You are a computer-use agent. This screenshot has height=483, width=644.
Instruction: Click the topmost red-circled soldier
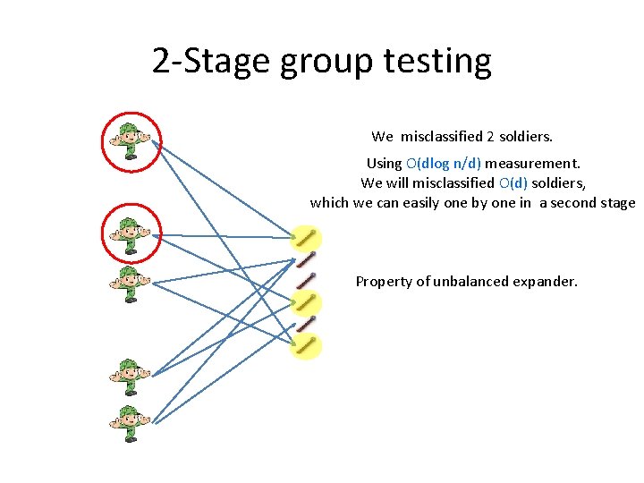[x=131, y=140]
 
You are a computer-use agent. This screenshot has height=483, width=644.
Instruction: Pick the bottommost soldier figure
[x=131, y=423]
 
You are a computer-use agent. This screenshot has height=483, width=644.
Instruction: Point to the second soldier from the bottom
[x=131, y=377]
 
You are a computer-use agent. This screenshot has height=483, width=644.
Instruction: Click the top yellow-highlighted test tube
[x=307, y=239]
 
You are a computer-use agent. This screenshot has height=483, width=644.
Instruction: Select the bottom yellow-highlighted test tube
[x=307, y=344]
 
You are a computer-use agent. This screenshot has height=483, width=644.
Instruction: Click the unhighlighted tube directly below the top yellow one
[x=306, y=259]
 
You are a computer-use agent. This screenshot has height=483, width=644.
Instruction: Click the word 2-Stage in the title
[x=210, y=61]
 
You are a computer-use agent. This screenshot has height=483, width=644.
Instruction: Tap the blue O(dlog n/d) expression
[x=444, y=163]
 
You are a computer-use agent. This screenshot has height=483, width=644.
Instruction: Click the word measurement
[x=533, y=163]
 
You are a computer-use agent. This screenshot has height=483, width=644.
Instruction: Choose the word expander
[x=547, y=281]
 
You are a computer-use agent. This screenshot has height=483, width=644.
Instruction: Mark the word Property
[x=383, y=281]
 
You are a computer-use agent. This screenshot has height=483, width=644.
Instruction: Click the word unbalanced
[x=473, y=281]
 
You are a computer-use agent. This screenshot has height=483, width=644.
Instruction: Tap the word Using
[x=384, y=163]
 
